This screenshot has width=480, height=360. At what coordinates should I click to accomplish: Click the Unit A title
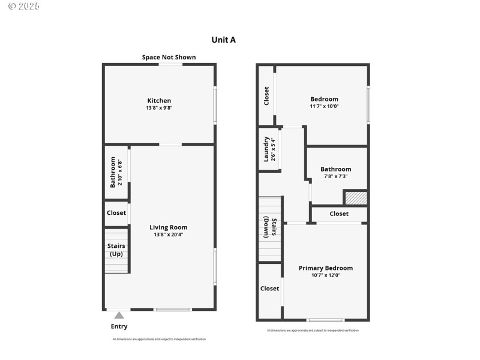(224, 40)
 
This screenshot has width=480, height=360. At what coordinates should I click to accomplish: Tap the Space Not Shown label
(169, 58)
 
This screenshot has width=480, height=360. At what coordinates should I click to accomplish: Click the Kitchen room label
(159, 100)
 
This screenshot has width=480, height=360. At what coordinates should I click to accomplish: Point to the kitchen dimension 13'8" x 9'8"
(159, 108)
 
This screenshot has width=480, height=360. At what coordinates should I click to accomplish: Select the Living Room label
(169, 227)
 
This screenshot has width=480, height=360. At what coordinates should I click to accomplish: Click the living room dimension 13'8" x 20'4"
(169, 235)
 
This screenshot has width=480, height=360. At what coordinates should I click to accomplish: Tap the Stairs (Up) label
(116, 250)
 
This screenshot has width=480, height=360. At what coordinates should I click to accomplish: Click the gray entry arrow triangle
(119, 315)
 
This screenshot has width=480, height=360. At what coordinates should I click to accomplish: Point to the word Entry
(119, 326)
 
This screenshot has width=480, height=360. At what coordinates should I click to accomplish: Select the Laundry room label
(266, 149)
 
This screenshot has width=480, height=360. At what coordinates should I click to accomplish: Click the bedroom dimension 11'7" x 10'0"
(324, 106)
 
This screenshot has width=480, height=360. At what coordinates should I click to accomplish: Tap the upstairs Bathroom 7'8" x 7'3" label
(335, 173)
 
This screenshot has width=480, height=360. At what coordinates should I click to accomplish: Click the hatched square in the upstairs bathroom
(355, 197)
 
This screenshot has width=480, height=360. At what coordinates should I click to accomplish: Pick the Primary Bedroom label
(326, 268)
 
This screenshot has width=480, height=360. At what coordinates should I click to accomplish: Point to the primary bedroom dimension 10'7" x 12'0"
(326, 275)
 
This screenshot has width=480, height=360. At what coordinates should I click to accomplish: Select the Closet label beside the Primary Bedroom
(269, 289)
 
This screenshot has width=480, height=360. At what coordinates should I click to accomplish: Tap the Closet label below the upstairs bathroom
(338, 214)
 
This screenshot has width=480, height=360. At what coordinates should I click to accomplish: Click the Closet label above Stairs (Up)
(116, 213)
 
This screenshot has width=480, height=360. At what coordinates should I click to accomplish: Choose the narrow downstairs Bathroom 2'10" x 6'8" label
(116, 172)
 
